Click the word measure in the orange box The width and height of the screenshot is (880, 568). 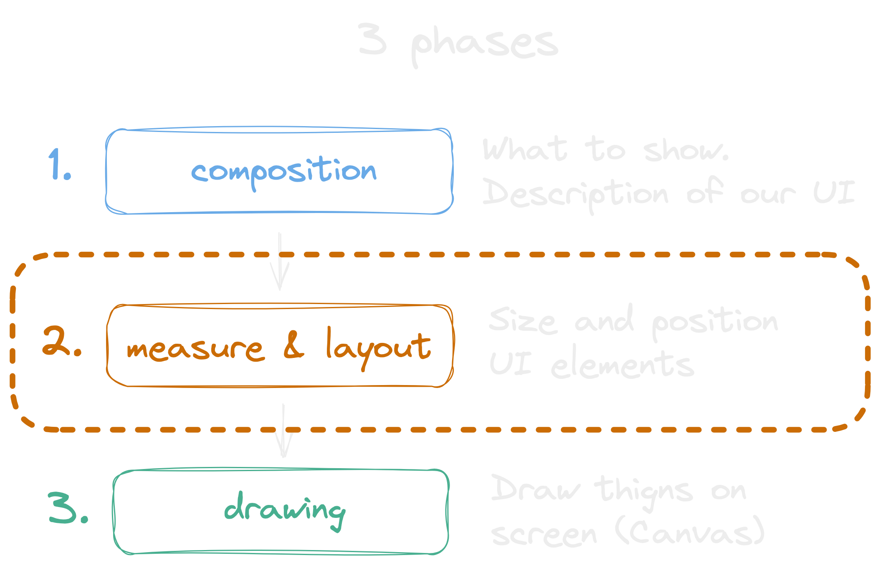tap(195, 349)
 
